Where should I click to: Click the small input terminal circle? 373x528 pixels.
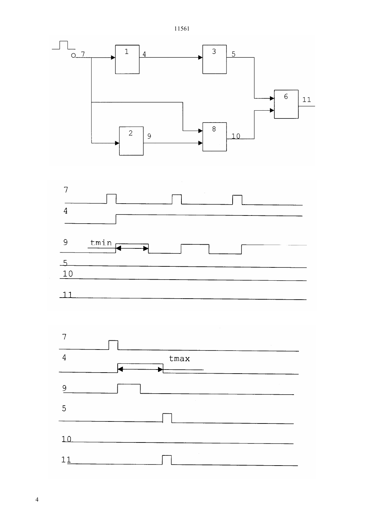click(x=74, y=55)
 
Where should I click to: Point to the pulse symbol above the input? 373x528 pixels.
click(x=64, y=45)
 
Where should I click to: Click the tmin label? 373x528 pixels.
click(x=101, y=243)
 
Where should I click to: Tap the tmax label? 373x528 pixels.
click(x=179, y=359)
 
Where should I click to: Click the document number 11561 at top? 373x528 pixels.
click(x=182, y=29)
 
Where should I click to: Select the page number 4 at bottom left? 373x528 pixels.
click(x=37, y=499)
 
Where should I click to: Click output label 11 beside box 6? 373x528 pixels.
click(x=307, y=100)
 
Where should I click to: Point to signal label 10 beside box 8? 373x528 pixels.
click(x=236, y=136)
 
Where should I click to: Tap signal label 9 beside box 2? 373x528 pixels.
click(x=149, y=136)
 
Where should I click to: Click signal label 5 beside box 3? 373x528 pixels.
click(x=234, y=54)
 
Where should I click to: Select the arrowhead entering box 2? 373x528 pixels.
click(x=117, y=143)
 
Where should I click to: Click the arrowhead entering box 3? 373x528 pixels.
click(x=200, y=57)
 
